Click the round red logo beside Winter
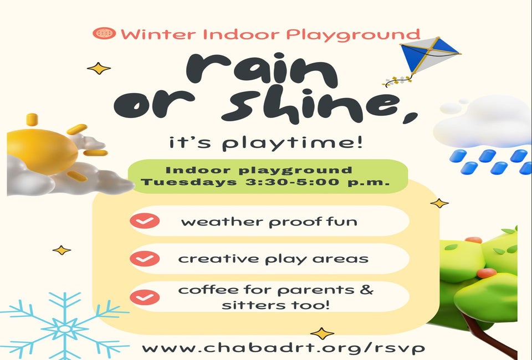pos(104,33)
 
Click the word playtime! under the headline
pos(293,143)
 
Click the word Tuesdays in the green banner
pos(189,182)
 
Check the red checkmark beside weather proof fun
pos(145,220)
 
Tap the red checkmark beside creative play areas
pos(145,259)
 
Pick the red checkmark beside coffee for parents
pos(145,297)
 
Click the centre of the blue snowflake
pos(64,328)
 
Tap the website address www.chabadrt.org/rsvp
pos(283,348)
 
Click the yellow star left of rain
pos(99,69)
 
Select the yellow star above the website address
pos(322,333)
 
